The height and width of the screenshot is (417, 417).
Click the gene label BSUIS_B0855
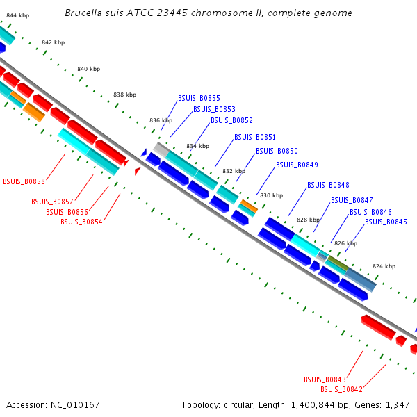click(199, 98)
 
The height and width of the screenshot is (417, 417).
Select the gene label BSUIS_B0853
click(214, 109)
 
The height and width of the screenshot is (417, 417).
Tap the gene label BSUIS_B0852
click(231, 120)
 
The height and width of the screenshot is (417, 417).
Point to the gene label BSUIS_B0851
click(255, 137)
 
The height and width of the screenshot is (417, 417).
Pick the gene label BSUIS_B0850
click(277, 151)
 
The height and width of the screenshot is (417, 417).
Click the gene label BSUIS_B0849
click(297, 165)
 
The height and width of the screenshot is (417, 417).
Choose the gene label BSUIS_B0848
click(328, 185)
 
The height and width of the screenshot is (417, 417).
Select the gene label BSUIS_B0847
click(352, 200)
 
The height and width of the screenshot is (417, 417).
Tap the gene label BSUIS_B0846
click(370, 212)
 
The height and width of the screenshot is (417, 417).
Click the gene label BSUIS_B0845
click(386, 222)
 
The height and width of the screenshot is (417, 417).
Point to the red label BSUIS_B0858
click(24, 181)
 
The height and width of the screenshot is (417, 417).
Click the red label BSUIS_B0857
click(52, 202)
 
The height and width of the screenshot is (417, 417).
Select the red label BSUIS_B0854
click(81, 222)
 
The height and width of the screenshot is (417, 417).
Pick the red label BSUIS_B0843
click(325, 379)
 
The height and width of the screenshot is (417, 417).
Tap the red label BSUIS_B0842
click(341, 389)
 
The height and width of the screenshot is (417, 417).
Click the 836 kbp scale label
click(161, 120)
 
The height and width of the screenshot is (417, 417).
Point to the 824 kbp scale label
click(384, 266)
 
